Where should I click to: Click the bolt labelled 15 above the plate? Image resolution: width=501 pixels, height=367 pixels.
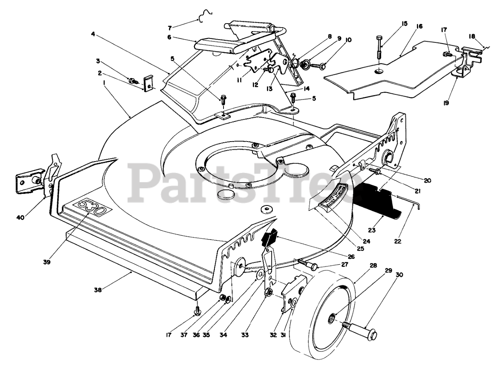pyautogui.click(x=380, y=47)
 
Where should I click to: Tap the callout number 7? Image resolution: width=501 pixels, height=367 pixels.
pyautogui.click(x=169, y=28)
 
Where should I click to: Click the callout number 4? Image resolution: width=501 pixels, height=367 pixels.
pyautogui.click(x=93, y=34)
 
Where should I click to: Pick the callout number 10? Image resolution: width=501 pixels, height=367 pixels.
pyautogui.click(x=349, y=40)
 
